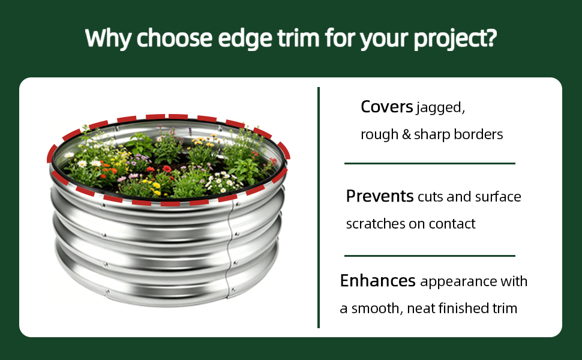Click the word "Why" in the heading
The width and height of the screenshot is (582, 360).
pos(107,38)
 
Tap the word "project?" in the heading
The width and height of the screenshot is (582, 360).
pos(455,40)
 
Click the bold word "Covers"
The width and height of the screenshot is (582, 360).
pos(387,107)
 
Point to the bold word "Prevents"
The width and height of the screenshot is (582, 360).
pos(380,196)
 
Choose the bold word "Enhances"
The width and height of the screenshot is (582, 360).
pos(377,281)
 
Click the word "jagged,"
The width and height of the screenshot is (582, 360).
pos(440,108)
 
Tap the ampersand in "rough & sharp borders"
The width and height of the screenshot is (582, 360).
pos(406,134)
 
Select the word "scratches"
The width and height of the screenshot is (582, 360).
pos(376,224)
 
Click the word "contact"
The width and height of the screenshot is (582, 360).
pos(452,224)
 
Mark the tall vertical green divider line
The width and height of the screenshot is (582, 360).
pos(319,208)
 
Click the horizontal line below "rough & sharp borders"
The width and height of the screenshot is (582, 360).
pos(430,163)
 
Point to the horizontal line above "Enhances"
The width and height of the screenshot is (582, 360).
pos(430,256)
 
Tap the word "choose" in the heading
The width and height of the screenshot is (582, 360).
pos(175,38)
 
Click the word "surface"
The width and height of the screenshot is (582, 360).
pos(498,196)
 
